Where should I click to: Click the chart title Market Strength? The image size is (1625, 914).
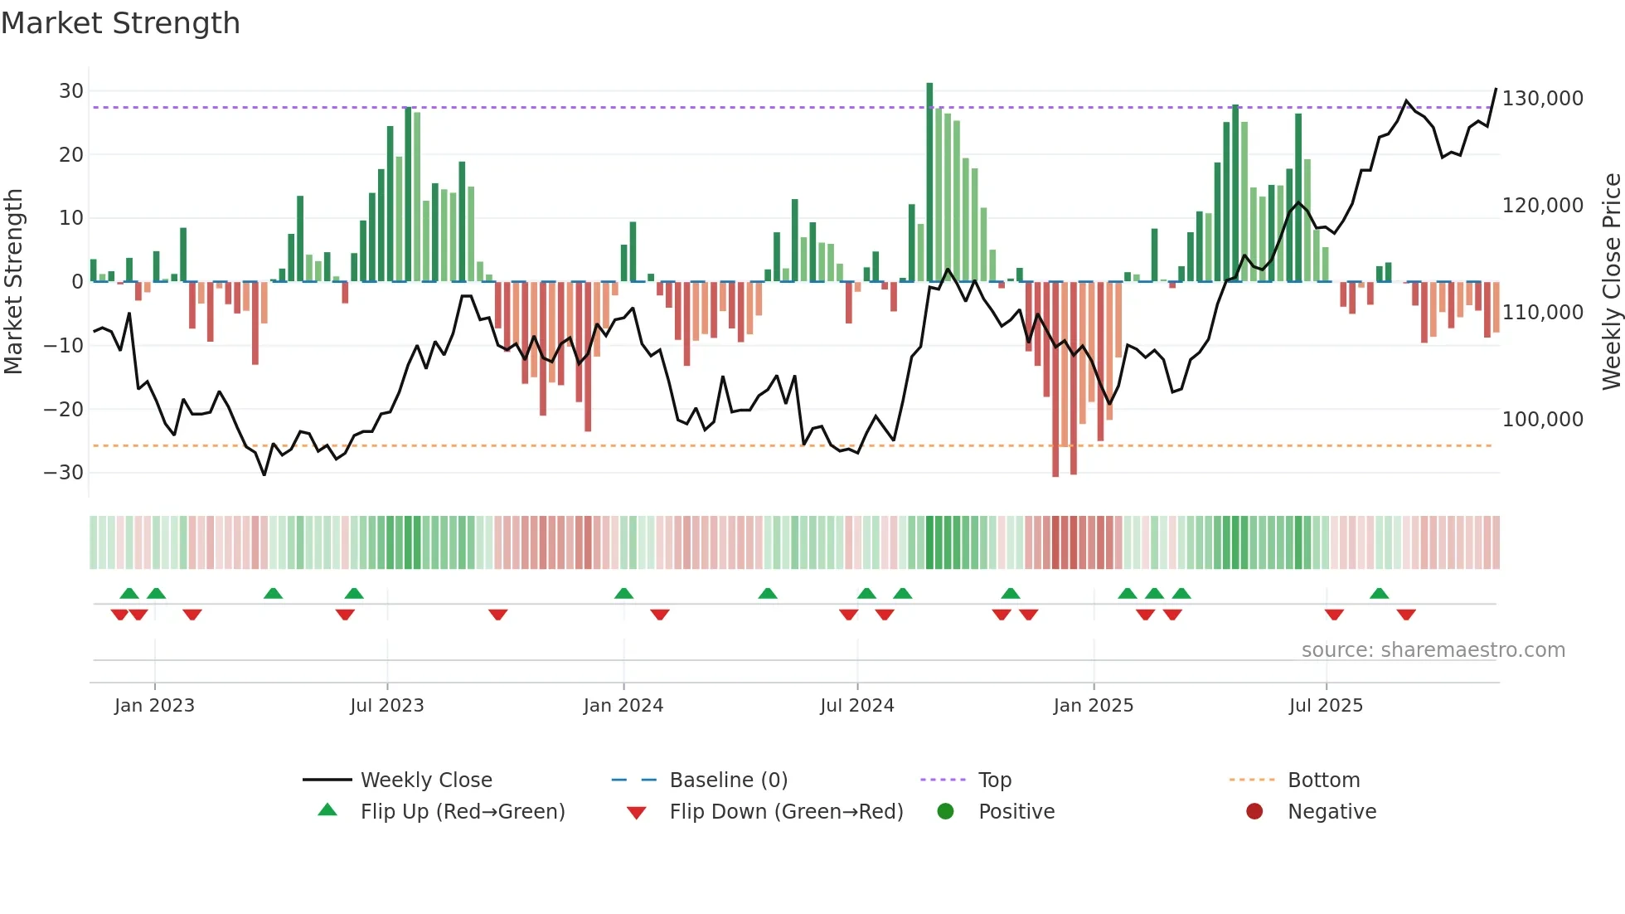click(120, 23)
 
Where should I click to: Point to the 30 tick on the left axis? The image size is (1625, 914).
click(71, 91)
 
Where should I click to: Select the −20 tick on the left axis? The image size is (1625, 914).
click(64, 409)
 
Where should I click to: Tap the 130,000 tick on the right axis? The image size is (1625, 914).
click(1542, 99)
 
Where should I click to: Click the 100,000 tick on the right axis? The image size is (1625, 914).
click(1542, 420)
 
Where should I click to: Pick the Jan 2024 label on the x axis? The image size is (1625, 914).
click(623, 706)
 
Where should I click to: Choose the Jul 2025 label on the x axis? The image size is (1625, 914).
click(1325, 706)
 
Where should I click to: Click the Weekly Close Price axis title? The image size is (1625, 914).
click(1611, 282)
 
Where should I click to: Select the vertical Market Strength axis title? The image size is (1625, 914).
click(13, 282)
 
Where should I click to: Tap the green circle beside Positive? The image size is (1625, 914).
click(945, 811)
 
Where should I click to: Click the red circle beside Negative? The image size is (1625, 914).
click(1254, 811)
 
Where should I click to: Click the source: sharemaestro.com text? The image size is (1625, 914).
click(1433, 650)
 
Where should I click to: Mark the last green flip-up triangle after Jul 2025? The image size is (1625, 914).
click(1379, 594)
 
